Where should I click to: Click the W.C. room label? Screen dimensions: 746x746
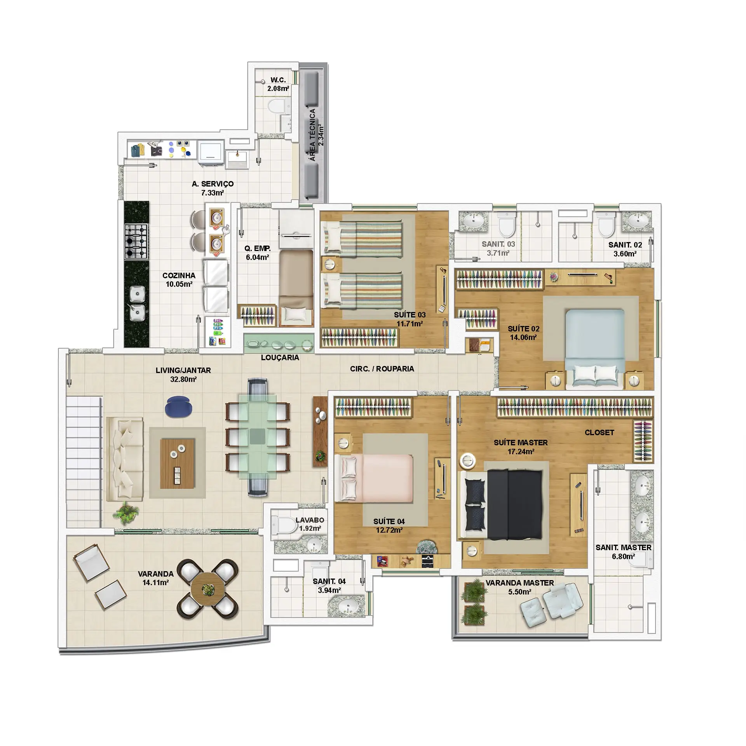(278, 80)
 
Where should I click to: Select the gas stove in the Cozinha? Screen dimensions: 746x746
(136, 241)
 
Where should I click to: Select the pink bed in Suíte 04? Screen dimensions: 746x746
(375, 478)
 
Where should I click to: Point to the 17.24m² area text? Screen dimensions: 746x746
(521, 451)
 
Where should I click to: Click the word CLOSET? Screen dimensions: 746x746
(599, 432)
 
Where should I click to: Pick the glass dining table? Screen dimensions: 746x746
(257, 437)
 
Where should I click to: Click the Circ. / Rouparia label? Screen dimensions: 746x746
(382, 369)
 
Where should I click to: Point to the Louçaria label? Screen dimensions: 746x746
(280, 357)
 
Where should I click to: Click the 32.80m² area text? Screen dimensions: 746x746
(183, 379)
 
